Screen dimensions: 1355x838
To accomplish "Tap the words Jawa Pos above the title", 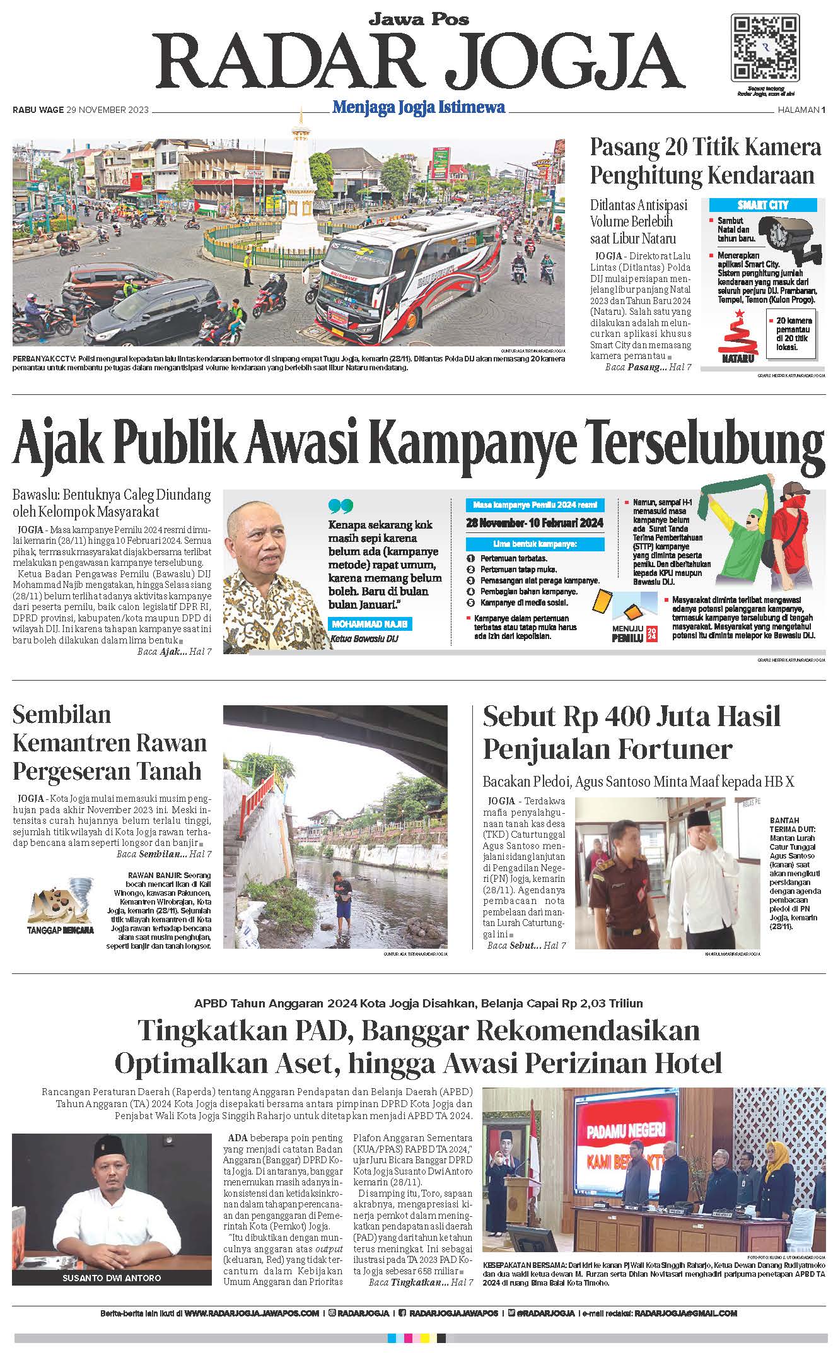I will point(418,20).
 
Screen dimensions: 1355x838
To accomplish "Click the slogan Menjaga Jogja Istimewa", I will point(419,108).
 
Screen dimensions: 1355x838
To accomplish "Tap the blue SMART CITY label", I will point(763,205).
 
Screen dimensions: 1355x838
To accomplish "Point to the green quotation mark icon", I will point(340,505).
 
